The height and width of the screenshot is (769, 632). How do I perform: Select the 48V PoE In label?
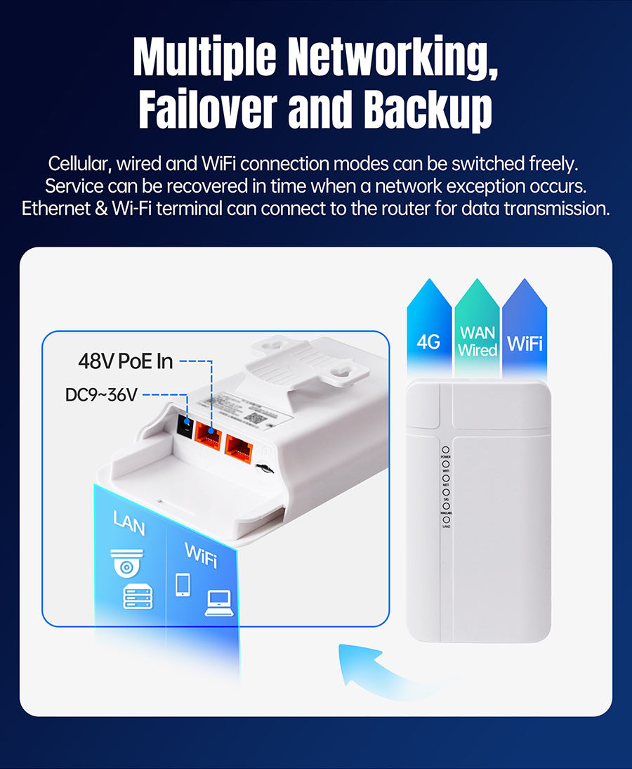pyautogui.click(x=125, y=362)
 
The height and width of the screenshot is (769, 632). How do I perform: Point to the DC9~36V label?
pyautogui.click(x=100, y=395)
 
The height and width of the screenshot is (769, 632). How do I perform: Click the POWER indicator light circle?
pyautogui.click(x=445, y=449)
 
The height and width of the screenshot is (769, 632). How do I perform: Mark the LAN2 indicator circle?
pyautogui.click(x=445, y=519)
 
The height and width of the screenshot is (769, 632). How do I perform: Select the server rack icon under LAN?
pyautogui.click(x=137, y=597)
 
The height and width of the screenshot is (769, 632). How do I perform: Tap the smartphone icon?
pyautogui.click(x=183, y=584)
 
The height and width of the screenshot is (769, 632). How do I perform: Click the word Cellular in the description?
pyautogui.click(x=78, y=164)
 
